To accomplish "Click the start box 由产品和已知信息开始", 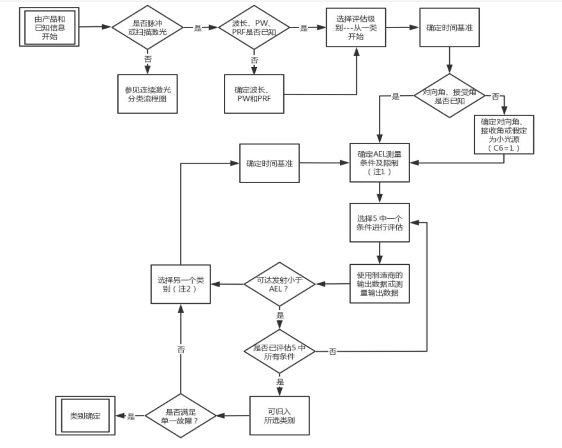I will (49, 27).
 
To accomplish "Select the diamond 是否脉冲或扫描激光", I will (147, 27).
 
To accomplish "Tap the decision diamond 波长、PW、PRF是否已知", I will (254, 27).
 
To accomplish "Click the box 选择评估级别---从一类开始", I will (357, 27).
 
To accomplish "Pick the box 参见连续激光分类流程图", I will (148, 93).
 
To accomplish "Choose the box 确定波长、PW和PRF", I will (255, 94).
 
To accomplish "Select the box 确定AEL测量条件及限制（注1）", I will (380, 162).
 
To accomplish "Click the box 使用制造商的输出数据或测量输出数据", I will (380, 283).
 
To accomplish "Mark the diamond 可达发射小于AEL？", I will (279, 283).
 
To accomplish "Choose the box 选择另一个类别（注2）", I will (181, 284).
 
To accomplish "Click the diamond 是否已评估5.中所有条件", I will (279, 351).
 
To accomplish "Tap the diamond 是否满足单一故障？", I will (181, 415).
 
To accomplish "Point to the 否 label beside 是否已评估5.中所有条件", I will (332, 352).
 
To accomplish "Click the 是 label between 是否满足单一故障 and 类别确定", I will (131, 416).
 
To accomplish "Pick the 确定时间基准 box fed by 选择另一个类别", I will (269, 163).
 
